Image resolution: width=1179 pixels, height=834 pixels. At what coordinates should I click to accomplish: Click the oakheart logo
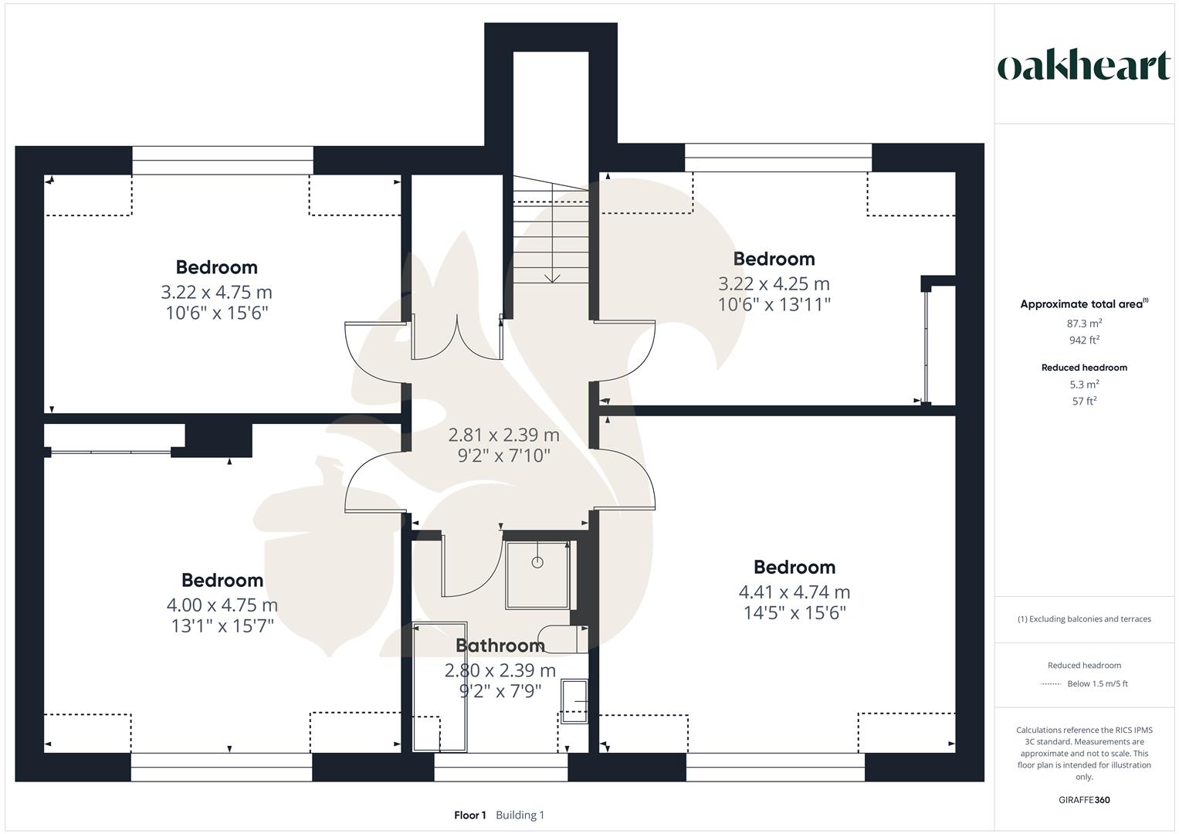pyautogui.click(x=1083, y=66)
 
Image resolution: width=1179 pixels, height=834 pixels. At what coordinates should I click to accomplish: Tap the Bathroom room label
pyautogui.click(x=500, y=646)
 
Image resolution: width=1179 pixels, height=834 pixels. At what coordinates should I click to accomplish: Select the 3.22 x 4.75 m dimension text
pyautogui.click(x=216, y=293)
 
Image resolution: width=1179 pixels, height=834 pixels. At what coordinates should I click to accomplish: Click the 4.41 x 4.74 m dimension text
pyautogui.click(x=794, y=592)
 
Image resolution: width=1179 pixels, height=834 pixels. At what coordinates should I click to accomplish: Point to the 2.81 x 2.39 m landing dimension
pyautogui.click(x=503, y=435)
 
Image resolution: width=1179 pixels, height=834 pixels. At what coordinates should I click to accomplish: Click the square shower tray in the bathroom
pyautogui.click(x=537, y=575)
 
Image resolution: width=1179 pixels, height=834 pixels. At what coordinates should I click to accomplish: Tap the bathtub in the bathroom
pyautogui.click(x=440, y=687)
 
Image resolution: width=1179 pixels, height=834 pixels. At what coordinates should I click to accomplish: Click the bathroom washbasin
pyautogui.click(x=574, y=700)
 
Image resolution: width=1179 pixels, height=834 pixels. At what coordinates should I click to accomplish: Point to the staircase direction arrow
pyautogui.click(x=551, y=276)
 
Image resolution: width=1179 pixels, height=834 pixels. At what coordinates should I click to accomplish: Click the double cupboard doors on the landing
pyautogui.click(x=457, y=337)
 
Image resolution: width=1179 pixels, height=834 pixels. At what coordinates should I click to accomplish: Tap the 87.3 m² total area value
pyautogui.click(x=1084, y=324)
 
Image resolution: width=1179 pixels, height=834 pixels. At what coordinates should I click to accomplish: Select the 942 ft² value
pyautogui.click(x=1084, y=341)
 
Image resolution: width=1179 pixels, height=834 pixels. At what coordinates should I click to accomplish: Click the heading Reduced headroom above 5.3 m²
pyautogui.click(x=1084, y=368)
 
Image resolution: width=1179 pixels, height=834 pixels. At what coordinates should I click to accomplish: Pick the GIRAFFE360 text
pyautogui.click(x=1084, y=800)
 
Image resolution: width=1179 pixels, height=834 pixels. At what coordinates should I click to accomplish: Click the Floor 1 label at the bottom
pyautogui.click(x=469, y=815)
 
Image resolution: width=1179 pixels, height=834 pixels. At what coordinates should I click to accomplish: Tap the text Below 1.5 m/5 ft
pyautogui.click(x=1097, y=684)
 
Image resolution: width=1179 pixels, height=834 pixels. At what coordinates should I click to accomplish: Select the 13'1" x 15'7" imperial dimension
pyautogui.click(x=222, y=626)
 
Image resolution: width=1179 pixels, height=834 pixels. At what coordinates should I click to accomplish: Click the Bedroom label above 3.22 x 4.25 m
pyautogui.click(x=774, y=259)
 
